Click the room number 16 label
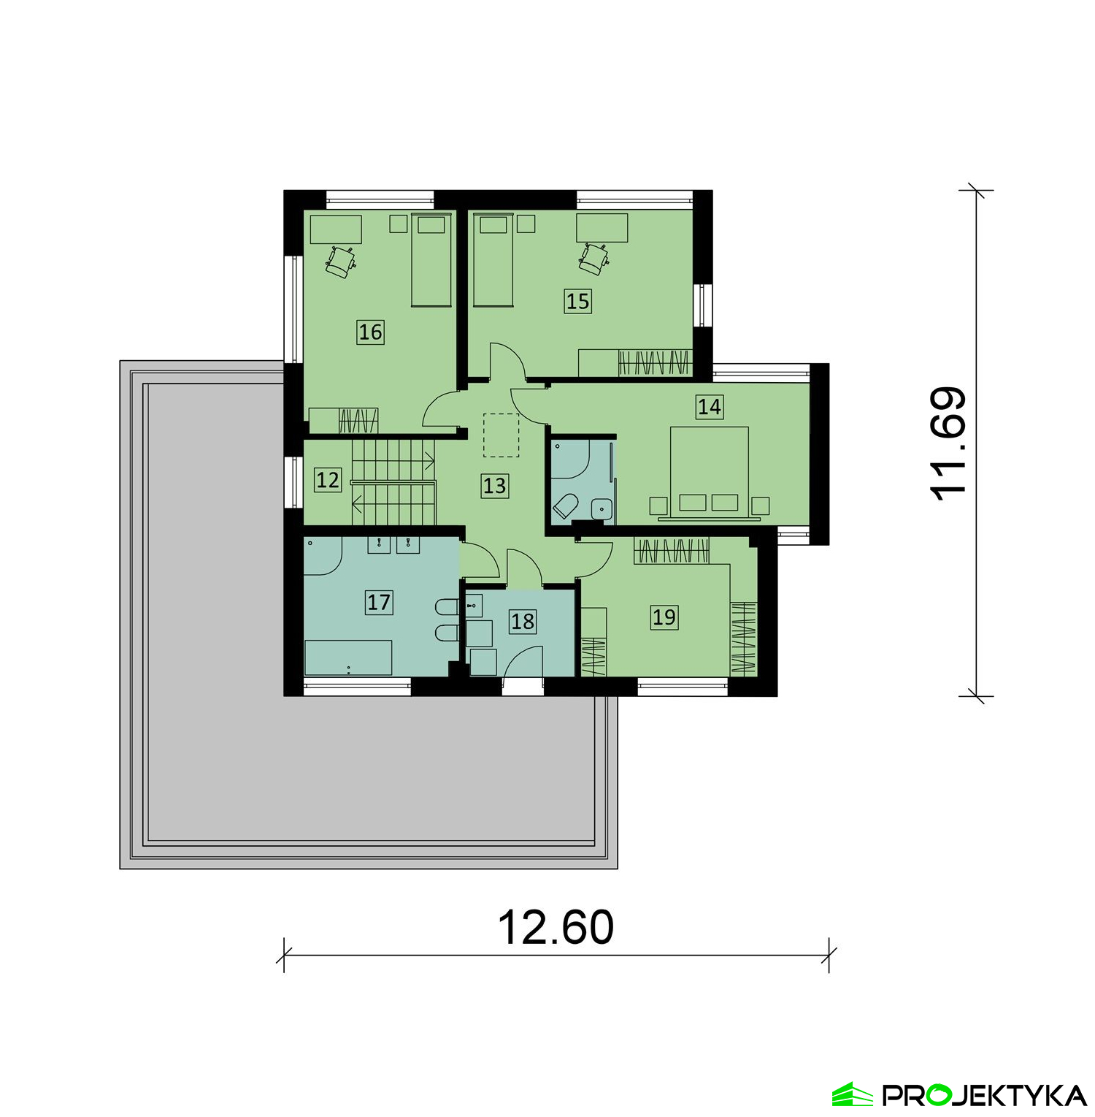(370, 332)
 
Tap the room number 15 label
(577, 301)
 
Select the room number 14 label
(710, 406)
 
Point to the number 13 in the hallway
(494, 486)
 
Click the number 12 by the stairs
(328, 480)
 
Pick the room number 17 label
(379, 602)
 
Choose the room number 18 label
(523, 621)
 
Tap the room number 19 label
(664, 617)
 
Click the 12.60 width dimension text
(556, 927)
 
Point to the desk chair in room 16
(340, 261)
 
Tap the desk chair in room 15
(594, 259)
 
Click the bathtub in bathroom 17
(348, 657)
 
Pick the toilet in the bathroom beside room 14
(566, 506)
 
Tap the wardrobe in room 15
(635, 362)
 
